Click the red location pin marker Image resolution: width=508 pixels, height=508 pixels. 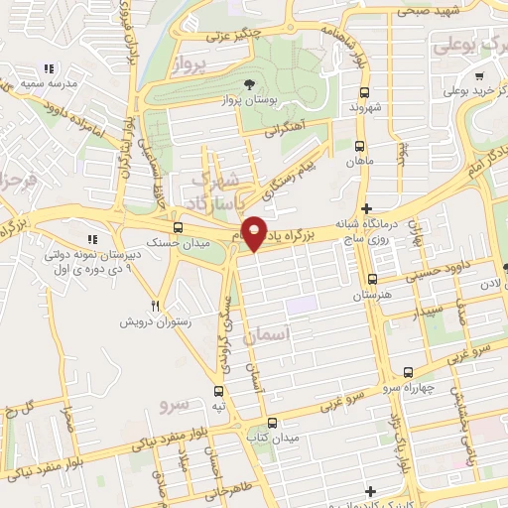(255, 232)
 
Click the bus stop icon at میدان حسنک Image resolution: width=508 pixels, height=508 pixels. (178, 226)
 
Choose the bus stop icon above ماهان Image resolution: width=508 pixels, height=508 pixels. (357, 144)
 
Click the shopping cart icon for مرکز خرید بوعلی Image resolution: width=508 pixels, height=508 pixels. (480, 77)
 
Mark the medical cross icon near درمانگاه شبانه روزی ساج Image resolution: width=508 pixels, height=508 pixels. (368, 209)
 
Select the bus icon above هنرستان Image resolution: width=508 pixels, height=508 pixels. (372, 279)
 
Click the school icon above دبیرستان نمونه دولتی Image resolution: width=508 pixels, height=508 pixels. (92, 239)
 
